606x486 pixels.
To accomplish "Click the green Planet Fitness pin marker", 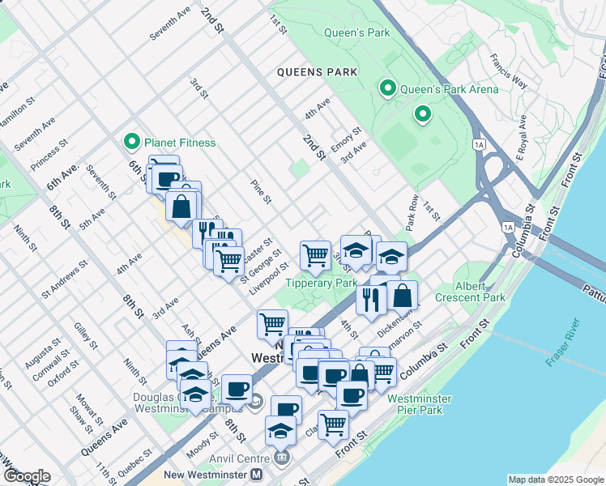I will [x=132, y=143].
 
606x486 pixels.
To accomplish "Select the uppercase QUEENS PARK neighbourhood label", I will [x=317, y=72].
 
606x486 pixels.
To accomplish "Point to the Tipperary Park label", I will [x=321, y=283].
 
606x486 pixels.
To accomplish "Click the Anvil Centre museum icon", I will [x=281, y=458].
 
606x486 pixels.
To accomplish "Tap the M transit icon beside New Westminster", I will [x=256, y=475].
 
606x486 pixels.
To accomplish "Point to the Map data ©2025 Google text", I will [x=556, y=480].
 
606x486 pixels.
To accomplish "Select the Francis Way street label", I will [x=508, y=72].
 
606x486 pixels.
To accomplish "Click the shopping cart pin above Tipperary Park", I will [x=315, y=254].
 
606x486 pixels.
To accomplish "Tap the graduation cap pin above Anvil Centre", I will [x=280, y=430].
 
